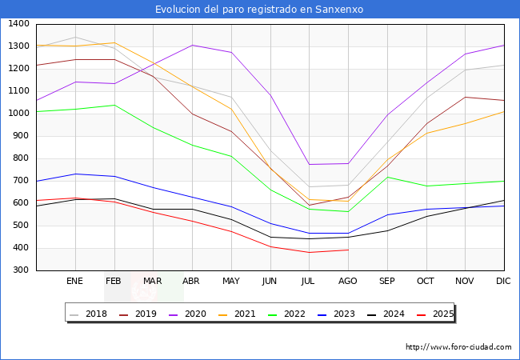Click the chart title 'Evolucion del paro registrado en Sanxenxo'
pyautogui.click(x=259, y=10)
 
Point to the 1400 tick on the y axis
pyautogui.click(x=18, y=24)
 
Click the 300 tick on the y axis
pyautogui.click(x=21, y=270)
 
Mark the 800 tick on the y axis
pyautogui.click(x=21, y=158)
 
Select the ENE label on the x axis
pyautogui.click(x=74, y=282)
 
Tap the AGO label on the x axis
pyautogui.click(x=348, y=282)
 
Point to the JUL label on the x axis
pyautogui.click(x=309, y=282)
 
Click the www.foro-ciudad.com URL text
pyautogui.click(x=458, y=347)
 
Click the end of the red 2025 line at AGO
pyautogui.click(x=348, y=250)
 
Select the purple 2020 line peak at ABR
pyautogui.click(x=192, y=45)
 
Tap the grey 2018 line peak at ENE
pyautogui.click(x=75, y=37)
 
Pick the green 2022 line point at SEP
pyautogui.click(x=387, y=177)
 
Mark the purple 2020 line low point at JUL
pyautogui.click(x=309, y=164)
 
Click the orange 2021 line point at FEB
pyautogui.click(x=114, y=42)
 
